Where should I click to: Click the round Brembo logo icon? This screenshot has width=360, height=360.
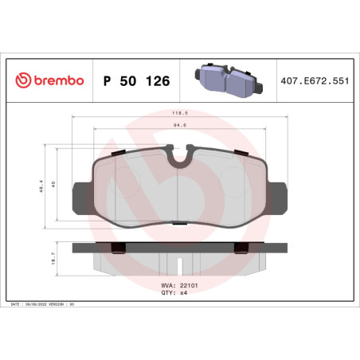point(23,81)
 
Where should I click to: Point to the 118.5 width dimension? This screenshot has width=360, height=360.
point(180,114)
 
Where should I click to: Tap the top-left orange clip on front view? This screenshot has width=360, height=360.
point(117,152)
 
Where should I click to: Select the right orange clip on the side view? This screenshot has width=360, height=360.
point(239,248)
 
